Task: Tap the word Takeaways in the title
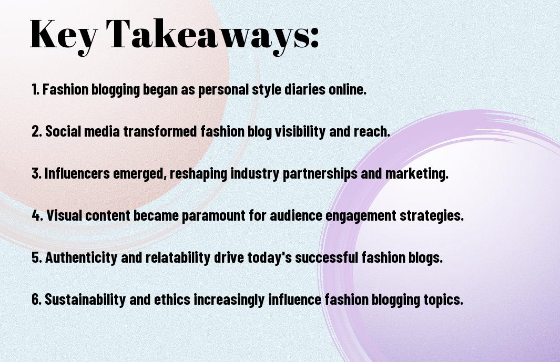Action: (209, 35)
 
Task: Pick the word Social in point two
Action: (62, 132)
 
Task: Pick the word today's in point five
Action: (251, 258)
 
